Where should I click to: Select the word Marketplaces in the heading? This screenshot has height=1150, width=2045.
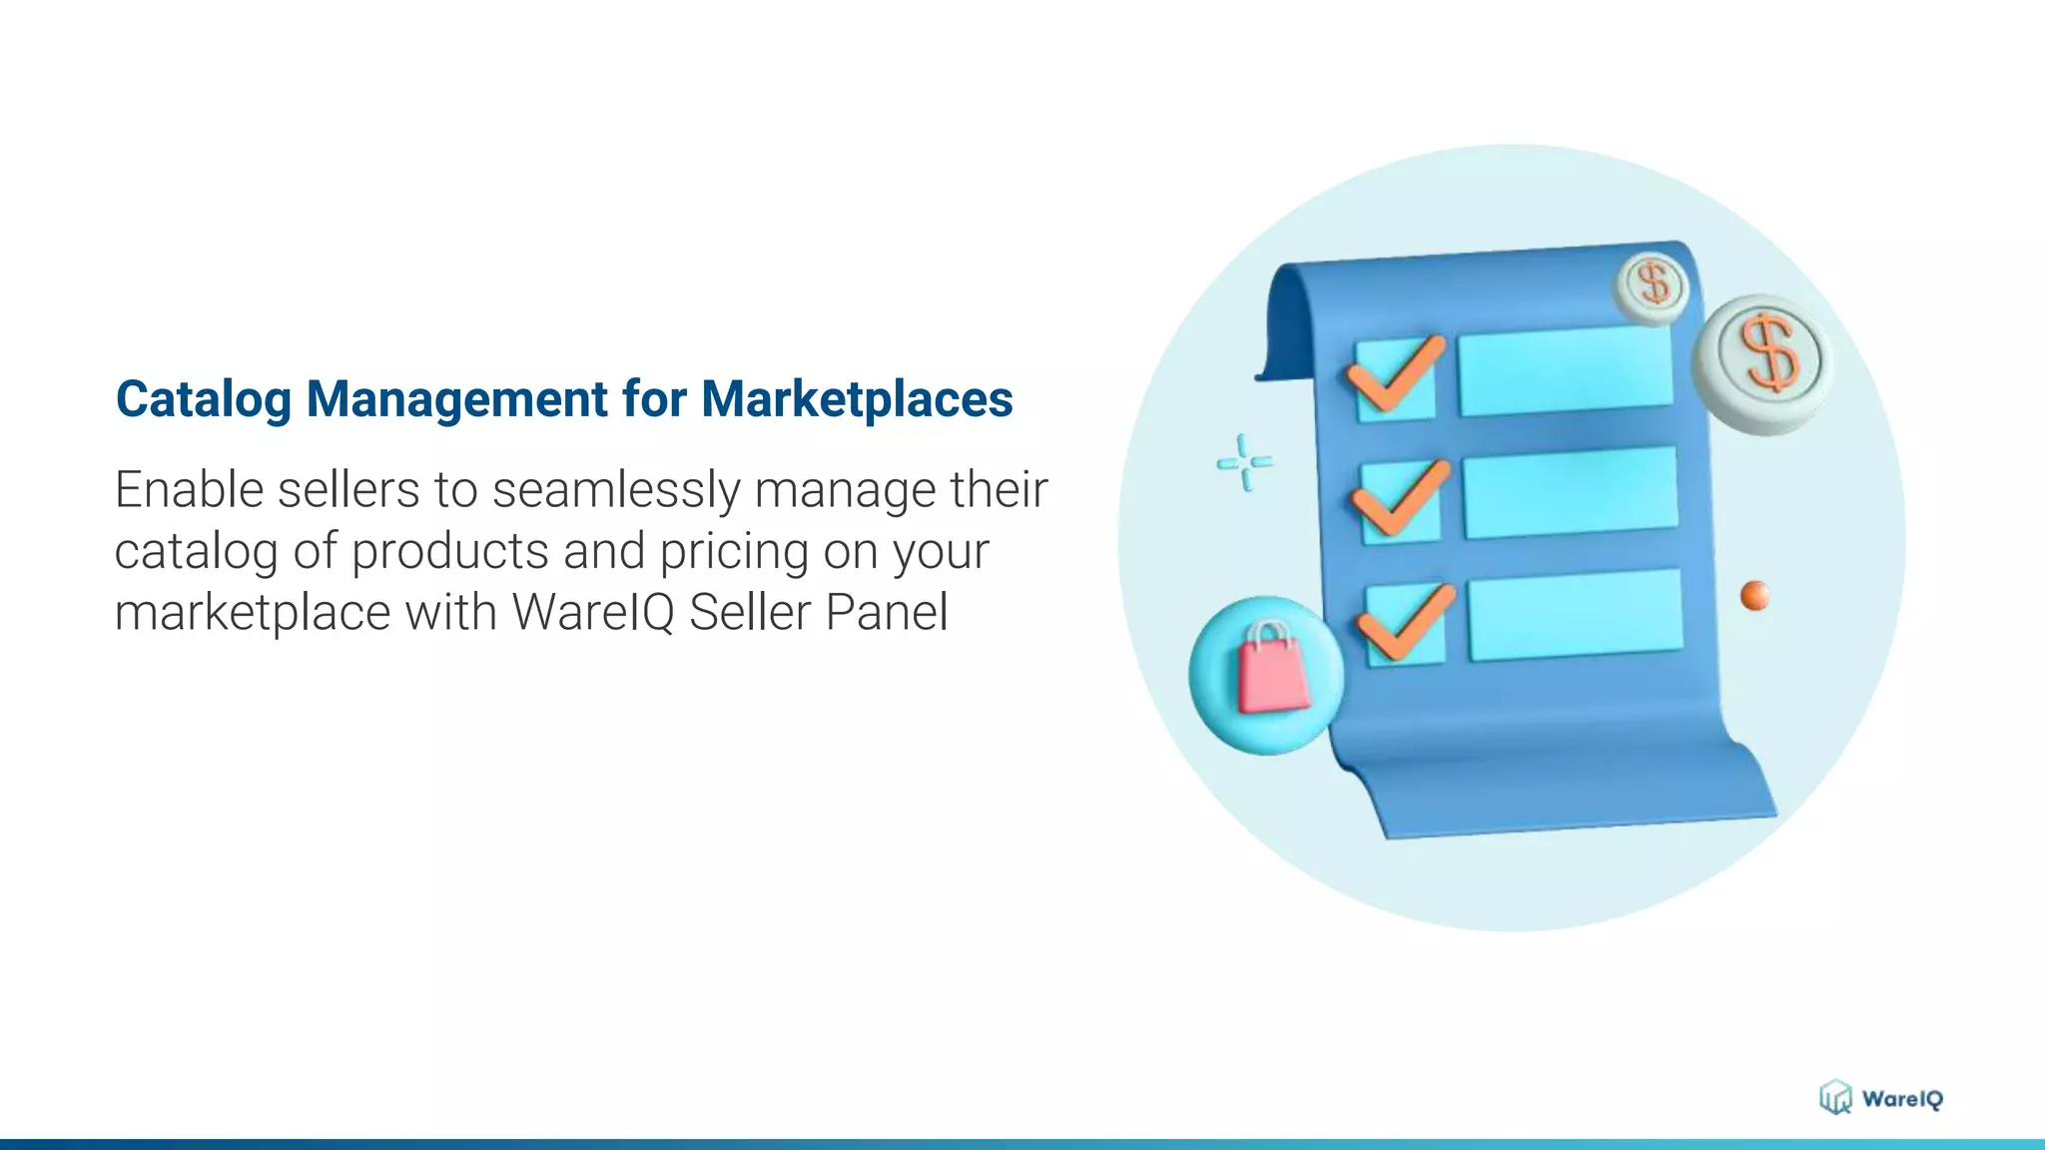click(x=857, y=400)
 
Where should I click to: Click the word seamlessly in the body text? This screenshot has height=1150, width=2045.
click(x=616, y=491)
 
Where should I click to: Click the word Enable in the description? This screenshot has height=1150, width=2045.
click(x=188, y=491)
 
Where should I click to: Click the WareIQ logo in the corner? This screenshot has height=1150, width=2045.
click(x=1880, y=1098)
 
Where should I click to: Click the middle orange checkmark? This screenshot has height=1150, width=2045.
click(x=1400, y=496)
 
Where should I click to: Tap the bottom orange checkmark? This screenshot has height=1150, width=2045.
click(x=1405, y=621)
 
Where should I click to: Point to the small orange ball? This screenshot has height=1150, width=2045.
click(x=1754, y=595)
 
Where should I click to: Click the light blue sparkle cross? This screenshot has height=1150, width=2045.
click(x=1244, y=462)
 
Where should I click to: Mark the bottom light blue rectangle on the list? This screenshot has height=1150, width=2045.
click(x=1575, y=615)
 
